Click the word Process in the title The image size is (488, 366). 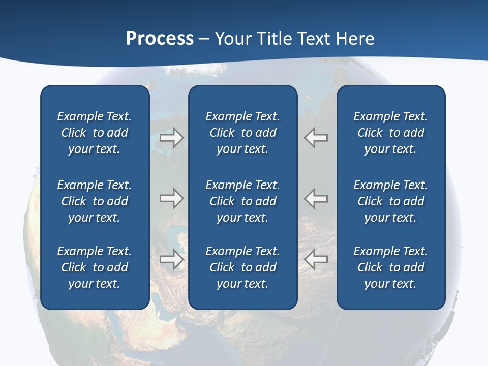coord(160,39)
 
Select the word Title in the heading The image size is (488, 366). coord(276,39)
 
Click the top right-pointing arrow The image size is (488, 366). coord(171,138)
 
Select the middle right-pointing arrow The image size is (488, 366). coord(171,198)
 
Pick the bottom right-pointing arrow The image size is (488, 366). coord(171,259)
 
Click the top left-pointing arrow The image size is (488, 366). coord(316,138)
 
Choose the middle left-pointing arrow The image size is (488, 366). coord(316,198)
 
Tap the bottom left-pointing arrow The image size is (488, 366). coord(316,259)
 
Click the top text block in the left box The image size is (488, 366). coord(95,133)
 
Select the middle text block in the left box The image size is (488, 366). coord(95,201)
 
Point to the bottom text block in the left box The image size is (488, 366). coord(95,267)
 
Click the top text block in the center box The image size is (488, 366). coord(242,133)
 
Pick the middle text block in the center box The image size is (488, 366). coord(242,201)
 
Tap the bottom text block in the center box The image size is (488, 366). coord(242,267)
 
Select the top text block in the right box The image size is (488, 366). coord(390,133)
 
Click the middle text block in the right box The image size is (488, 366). coord(390,201)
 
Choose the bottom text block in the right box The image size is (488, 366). coord(390,267)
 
